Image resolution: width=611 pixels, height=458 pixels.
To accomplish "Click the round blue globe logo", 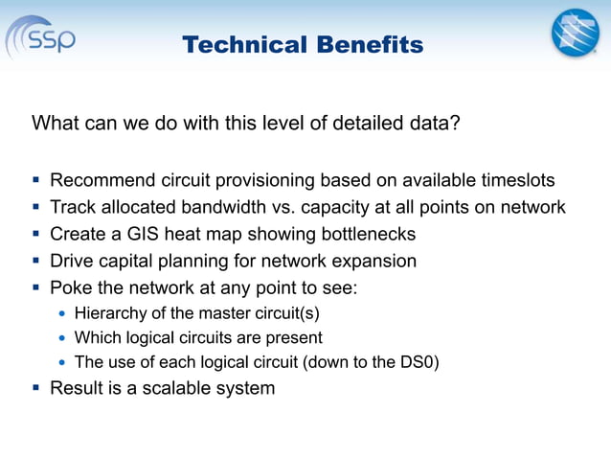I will coord(574,33).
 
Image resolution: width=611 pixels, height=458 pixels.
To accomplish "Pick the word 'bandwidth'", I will coord(250,207).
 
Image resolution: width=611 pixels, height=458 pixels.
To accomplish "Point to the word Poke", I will coord(70,287).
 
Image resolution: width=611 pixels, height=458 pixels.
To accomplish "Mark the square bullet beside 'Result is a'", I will coord(35,388).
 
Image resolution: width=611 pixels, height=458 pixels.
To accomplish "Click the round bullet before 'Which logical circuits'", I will coord(62,338).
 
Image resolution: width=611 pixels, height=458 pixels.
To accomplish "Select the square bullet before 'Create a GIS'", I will coord(35,234).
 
